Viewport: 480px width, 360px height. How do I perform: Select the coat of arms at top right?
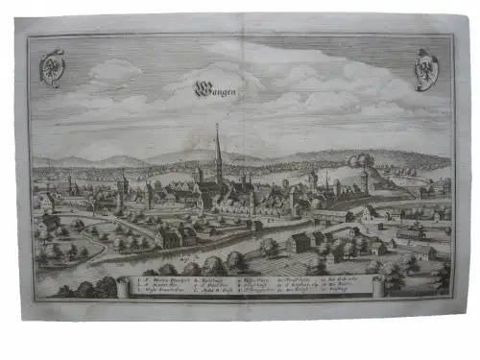(x=424, y=68)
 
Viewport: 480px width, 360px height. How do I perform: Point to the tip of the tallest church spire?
(x=218, y=125)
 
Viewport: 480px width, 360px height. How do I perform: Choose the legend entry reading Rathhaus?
(x=210, y=278)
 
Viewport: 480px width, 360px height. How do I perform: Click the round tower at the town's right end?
(x=364, y=181)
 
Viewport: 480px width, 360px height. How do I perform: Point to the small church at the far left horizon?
(x=69, y=182)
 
